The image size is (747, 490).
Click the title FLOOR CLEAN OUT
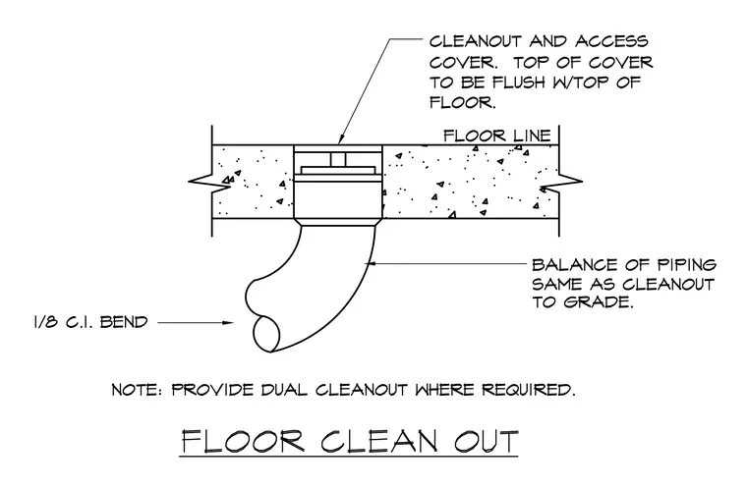tap(350, 442)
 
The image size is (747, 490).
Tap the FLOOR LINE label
tap(497, 136)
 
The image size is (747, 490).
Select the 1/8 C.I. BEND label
tap(91, 322)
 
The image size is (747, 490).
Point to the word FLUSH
tap(518, 82)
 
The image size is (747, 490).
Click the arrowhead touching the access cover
tap(342, 137)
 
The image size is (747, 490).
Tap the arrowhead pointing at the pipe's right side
tap(372, 262)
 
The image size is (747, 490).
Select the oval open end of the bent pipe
tap(266, 334)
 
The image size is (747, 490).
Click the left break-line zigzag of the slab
tap(210, 182)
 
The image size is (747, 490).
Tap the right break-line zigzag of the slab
tap(561, 182)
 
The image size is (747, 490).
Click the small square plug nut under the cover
tap(339, 160)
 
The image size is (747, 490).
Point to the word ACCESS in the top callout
tap(611, 41)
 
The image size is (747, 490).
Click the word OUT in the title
tap(486, 442)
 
